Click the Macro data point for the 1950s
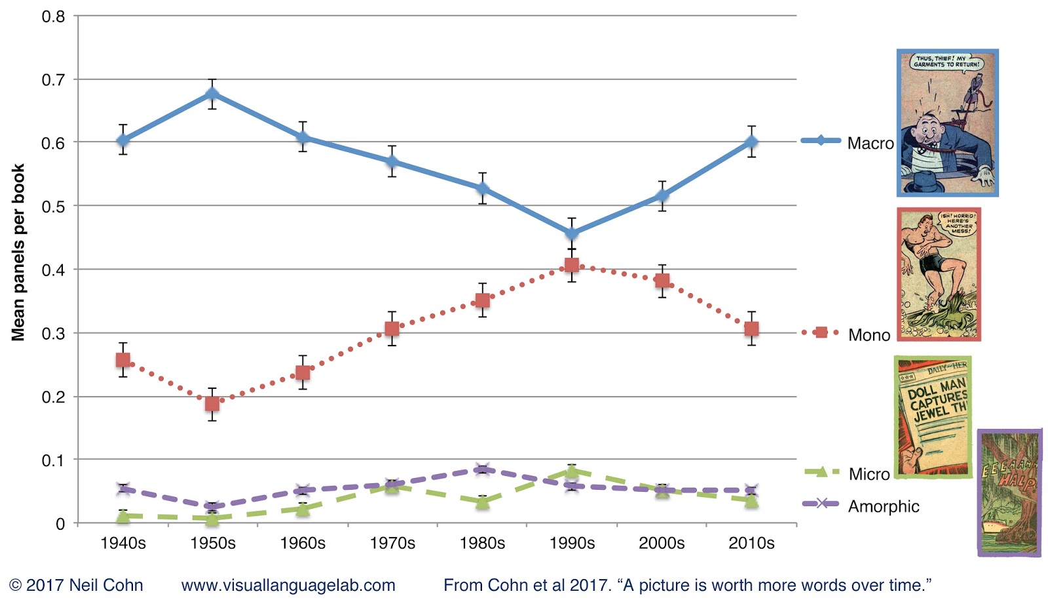coord(212,94)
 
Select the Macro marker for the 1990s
coord(572,233)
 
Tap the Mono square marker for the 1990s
coord(572,265)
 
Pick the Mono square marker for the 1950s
coord(212,403)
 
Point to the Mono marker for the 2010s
coord(751,329)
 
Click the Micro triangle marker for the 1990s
coord(572,471)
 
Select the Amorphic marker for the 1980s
coord(482,469)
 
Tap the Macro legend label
coord(870,143)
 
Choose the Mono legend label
coord(869,335)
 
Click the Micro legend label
coord(869,474)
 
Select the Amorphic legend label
coord(884,506)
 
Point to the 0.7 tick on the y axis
coord(53,80)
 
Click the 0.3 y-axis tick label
coord(53,334)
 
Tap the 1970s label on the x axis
coord(392,543)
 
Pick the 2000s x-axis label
coord(662,543)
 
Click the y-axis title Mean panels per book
coord(18,252)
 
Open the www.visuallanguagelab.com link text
coord(288,585)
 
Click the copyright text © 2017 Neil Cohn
coord(76,585)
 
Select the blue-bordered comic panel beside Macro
coord(947,123)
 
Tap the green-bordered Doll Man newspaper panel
coord(933,417)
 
